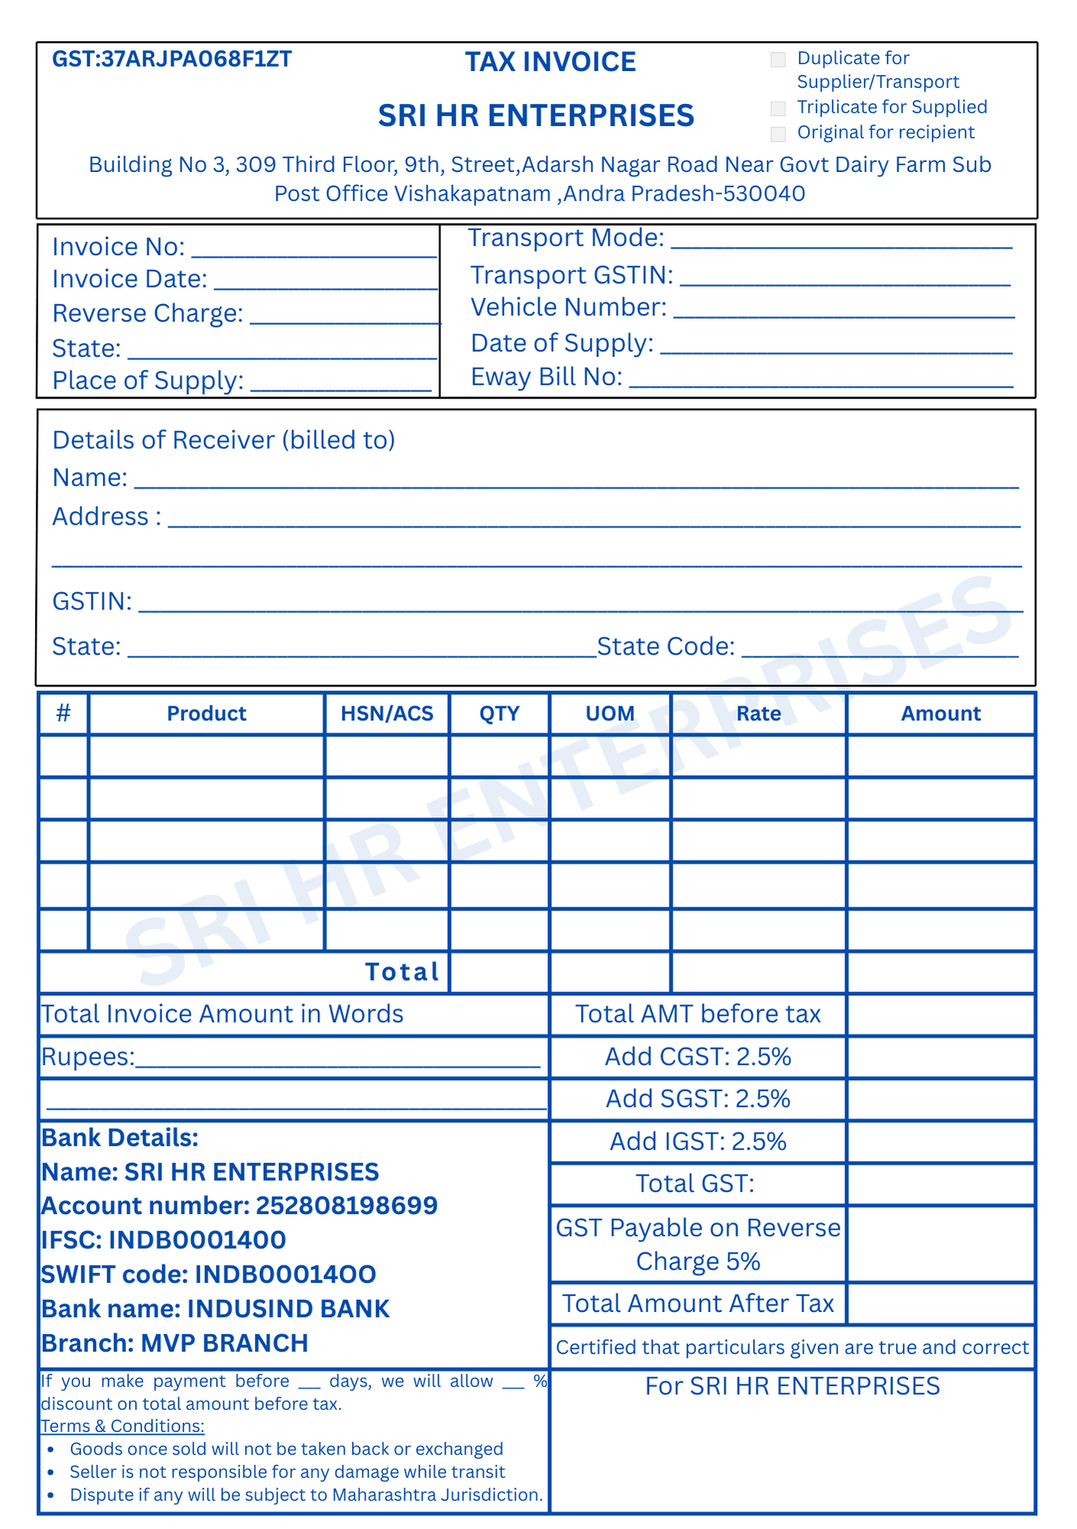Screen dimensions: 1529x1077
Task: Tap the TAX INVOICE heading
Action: (x=550, y=62)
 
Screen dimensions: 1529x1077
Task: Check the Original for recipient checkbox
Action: (x=778, y=134)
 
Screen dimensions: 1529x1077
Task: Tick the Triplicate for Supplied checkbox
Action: (x=778, y=108)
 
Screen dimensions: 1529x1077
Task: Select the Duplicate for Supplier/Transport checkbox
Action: (x=778, y=60)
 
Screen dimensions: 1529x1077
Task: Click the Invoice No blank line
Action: (x=313, y=252)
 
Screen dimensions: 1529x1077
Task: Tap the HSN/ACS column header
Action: (x=387, y=713)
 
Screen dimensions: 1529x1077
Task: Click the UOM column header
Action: (x=610, y=713)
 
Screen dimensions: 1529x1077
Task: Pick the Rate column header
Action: (x=758, y=713)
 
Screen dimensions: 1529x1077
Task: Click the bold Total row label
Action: (x=402, y=972)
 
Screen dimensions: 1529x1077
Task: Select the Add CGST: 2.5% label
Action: (x=698, y=1057)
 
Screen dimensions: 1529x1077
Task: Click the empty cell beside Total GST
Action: (x=941, y=1184)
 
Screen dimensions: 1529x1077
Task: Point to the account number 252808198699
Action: (x=346, y=1206)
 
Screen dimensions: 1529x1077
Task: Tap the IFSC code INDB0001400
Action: (x=197, y=1240)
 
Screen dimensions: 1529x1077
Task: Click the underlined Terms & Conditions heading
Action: (x=122, y=1426)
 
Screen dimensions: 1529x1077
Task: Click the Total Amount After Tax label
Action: (x=698, y=1303)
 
